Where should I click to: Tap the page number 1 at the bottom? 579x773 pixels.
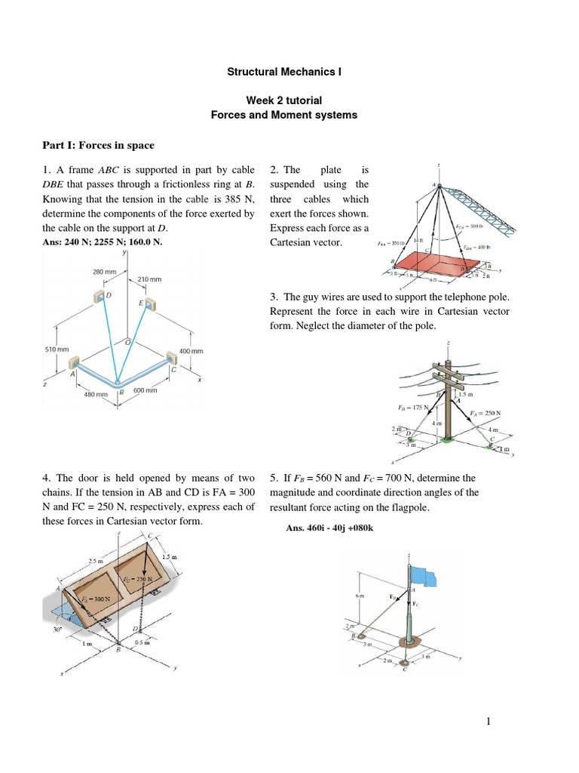click(x=489, y=722)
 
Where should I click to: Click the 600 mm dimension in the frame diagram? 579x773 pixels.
click(x=145, y=390)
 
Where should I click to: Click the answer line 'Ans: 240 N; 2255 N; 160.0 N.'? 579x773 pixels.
click(x=103, y=242)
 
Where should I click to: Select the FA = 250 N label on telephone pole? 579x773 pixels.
click(x=486, y=413)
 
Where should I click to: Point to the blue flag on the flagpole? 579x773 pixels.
click(x=430, y=576)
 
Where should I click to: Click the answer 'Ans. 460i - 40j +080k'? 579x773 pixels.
click(x=330, y=528)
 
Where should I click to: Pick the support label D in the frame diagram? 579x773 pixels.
click(x=109, y=295)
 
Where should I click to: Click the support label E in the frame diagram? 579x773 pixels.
click(x=141, y=303)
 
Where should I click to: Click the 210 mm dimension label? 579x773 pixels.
click(x=149, y=279)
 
